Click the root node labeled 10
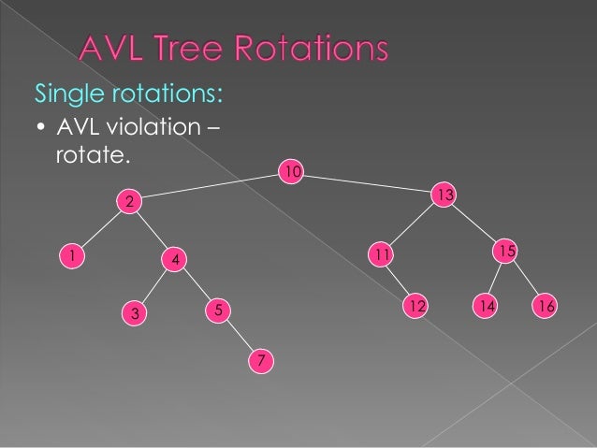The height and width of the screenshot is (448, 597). point(293,171)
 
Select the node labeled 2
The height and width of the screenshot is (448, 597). point(129,201)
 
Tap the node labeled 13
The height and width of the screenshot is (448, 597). point(444,195)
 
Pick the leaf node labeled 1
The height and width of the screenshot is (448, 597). point(69,254)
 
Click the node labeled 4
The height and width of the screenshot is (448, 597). point(174,258)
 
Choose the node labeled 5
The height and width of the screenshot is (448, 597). point(216,308)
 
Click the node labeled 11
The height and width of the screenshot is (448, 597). point(380,254)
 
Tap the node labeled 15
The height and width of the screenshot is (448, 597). point(505,251)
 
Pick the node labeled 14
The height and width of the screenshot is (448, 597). point(485,306)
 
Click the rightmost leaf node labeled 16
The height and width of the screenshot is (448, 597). point(546,306)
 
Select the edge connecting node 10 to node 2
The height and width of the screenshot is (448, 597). point(210,186)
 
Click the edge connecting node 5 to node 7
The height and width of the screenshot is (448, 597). point(239,334)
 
